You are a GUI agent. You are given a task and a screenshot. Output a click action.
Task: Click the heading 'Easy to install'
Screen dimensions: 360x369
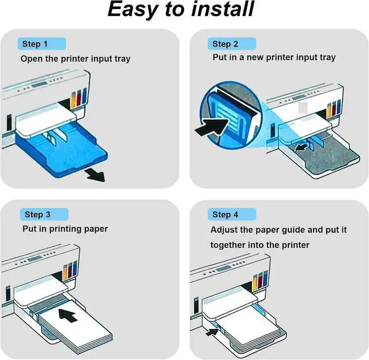click(x=180, y=10)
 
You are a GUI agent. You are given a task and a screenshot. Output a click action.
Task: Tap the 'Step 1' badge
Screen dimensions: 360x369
click(x=32, y=44)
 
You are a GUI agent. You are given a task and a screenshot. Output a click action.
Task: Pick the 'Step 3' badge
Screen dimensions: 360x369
click(x=37, y=214)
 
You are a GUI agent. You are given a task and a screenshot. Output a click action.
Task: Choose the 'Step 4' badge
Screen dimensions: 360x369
click(x=225, y=214)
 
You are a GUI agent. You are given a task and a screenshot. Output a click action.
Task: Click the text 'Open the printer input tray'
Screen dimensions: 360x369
click(x=76, y=59)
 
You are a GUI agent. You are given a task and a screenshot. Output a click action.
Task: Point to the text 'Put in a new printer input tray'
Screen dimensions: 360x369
click(x=274, y=58)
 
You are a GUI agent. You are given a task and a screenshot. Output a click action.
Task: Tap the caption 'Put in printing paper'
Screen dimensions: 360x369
click(x=65, y=229)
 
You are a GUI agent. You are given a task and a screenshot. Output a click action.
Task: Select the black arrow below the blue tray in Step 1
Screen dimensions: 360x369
click(x=95, y=175)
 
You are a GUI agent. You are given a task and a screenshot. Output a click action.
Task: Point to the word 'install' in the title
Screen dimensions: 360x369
click(x=222, y=10)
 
